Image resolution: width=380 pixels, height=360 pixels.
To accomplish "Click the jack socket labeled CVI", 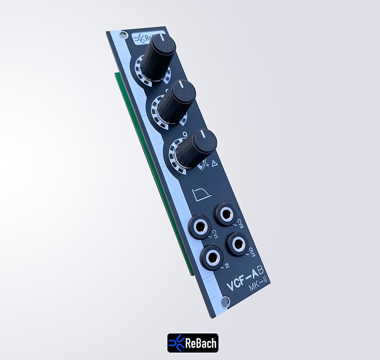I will click(x=200, y=227).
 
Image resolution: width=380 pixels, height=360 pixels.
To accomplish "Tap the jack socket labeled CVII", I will click(x=226, y=215).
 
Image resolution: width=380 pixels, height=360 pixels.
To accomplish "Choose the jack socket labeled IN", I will click(x=212, y=257).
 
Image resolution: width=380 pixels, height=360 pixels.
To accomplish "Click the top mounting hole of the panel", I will click(x=123, y=35).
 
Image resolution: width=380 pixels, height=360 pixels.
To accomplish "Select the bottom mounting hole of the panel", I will click(x=226, y=302).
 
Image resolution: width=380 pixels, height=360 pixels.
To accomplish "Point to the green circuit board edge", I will click(x=157, y=190).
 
